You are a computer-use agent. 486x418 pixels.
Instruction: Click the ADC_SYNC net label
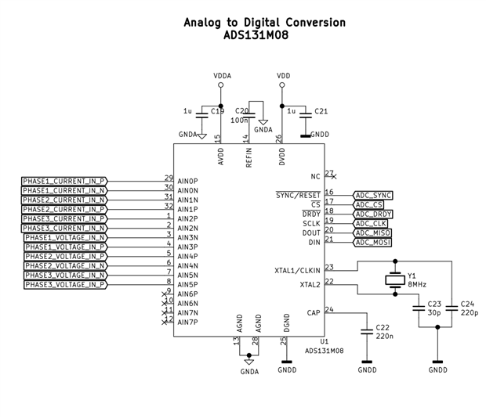pyautogui.click(x=372, y=195)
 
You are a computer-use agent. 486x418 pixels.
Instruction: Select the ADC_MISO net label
pyautogui.click(x=372, y=232)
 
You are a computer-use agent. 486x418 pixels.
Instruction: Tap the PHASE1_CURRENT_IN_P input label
pyautogui.click(x=63, y=181)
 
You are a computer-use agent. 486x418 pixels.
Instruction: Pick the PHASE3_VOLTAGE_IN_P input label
pyautogui.click(x=65, y=285)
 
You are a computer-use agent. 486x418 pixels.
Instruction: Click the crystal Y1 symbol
pyautogui.click(x=394, y=280)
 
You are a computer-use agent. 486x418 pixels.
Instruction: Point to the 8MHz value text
pyautogui.click(x=416, y=284)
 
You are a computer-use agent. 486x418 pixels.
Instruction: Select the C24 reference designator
pyautogui.click(x=467, y=303)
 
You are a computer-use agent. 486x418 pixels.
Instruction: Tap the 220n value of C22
pyautogui.click(x=385, y=337)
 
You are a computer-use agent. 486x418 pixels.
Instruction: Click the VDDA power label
pyautogui.click(x=223, y=76)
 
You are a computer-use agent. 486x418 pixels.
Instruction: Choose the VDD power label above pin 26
pyautogui.click(x=283, y=76)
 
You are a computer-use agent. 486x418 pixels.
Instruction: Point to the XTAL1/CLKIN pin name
pyautogui.click(x=298, y=271)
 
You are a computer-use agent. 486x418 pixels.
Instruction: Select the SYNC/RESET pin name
pyautogui.click(x=298, y=195)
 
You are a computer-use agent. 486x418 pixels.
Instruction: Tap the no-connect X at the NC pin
pyautogui.click(x=335, y=176)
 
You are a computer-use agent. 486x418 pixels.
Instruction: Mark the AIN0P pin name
pyautogui.click(x=188, y=181)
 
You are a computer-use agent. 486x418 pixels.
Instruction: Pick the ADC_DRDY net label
pyautogui.click(x=373, y=214)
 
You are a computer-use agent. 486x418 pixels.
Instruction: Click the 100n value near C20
pyautogui.click(x=239, y=121)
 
